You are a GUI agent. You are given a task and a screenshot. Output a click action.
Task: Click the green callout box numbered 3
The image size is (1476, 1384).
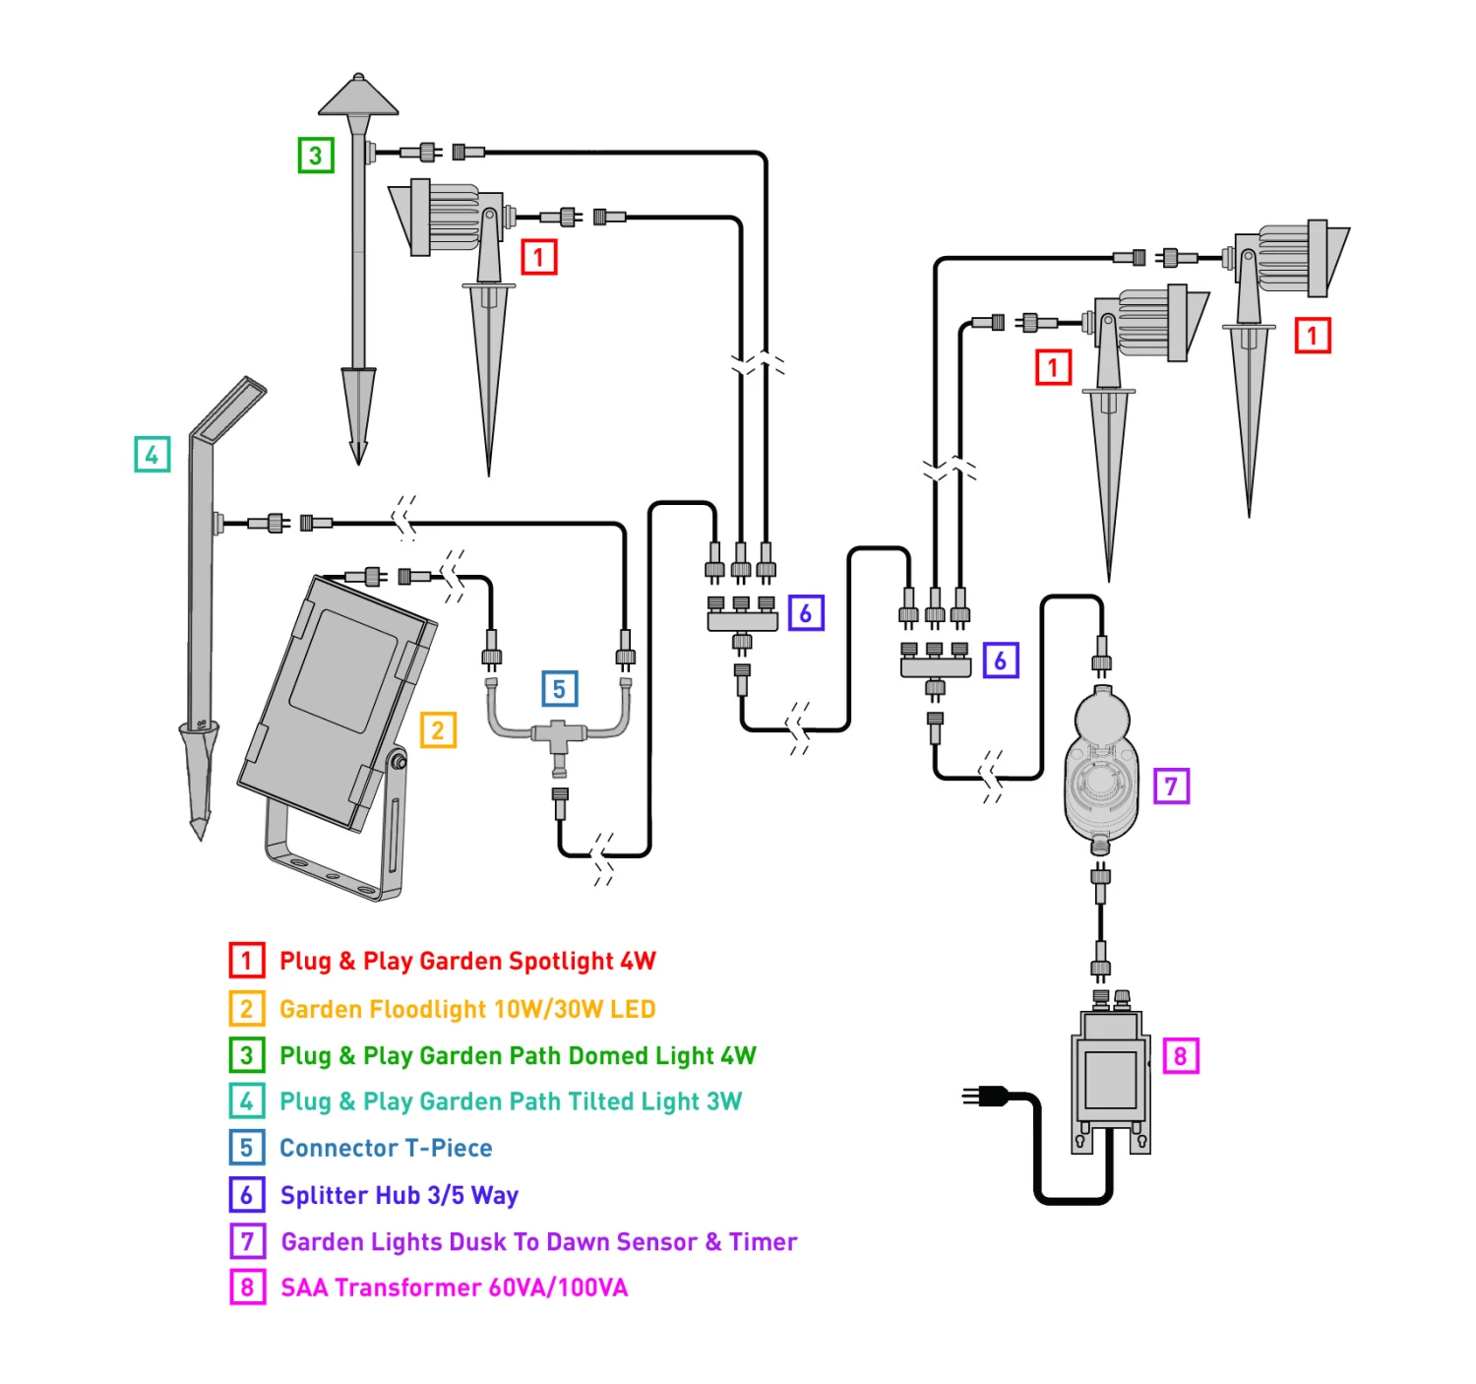(316, 155)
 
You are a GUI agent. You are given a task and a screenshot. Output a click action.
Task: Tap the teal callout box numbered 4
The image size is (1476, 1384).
(152, 454)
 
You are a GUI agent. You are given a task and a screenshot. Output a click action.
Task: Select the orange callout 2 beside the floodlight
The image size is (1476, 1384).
(438, 730)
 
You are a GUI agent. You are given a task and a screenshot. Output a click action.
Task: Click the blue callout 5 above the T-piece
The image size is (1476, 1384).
(559, 689)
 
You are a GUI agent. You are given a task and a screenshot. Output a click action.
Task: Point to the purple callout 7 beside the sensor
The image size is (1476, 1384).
(1171, 786)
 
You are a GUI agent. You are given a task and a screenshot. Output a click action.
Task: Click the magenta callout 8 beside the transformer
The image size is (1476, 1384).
(1180, 1055)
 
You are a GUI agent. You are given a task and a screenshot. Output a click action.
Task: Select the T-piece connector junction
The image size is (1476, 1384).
(558, 734)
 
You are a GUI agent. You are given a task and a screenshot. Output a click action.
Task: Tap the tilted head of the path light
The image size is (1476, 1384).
(229, 408)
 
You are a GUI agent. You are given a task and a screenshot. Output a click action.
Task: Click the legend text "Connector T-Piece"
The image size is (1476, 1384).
(386, 1148)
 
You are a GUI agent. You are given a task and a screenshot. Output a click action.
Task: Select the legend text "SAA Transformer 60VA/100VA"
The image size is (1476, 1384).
(454, 1288)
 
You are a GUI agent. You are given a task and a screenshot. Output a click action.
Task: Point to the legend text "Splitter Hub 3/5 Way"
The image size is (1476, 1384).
(399, 1195)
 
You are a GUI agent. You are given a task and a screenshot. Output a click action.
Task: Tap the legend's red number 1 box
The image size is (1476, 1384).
(247, 960)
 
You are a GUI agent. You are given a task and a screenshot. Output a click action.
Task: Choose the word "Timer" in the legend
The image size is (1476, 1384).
(763, 1241)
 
